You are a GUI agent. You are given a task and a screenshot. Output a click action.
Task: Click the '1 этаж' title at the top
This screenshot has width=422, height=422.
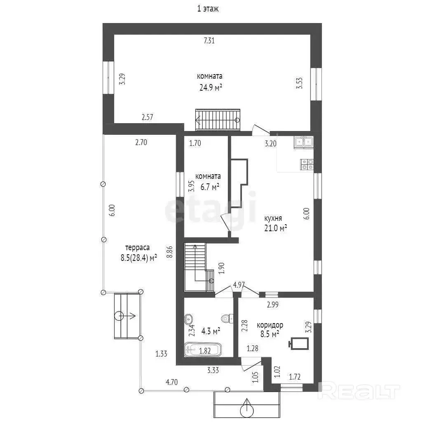[208, 9]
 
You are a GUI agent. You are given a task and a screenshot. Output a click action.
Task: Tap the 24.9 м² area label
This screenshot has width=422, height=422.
[211, 87]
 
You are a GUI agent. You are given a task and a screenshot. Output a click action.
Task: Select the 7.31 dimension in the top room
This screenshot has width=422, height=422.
[209, 40]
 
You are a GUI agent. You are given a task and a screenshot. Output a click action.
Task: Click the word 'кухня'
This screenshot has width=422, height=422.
[273, 218]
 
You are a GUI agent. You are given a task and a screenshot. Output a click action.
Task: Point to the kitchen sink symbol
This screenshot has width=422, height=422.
[304, 142]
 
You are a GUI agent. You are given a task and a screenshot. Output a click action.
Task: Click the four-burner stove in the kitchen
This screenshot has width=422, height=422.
[307, 164]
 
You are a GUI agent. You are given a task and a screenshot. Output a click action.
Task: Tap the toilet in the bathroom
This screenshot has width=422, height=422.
[227, 319]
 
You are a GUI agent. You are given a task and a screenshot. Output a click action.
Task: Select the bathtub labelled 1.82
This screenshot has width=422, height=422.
[203, 350]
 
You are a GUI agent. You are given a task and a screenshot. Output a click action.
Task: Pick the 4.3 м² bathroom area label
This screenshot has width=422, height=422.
[211, 331]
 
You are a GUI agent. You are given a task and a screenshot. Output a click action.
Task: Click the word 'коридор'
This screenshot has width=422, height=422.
[270, 325]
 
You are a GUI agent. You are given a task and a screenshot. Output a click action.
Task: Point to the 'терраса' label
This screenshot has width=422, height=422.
[137, 248]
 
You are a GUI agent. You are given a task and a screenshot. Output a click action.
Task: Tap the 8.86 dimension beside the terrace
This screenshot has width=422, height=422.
[170, 252]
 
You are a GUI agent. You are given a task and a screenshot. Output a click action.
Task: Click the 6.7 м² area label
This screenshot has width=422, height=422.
[210, 187]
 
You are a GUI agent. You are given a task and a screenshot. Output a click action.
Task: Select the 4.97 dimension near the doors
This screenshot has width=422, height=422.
[239, 285]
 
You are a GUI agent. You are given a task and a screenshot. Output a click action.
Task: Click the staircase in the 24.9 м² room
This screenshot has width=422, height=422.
[218, 120]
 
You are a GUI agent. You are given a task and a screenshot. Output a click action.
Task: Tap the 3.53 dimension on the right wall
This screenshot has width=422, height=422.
[299, 83]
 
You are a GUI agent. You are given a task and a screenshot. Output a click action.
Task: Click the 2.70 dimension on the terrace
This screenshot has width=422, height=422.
[141, 142]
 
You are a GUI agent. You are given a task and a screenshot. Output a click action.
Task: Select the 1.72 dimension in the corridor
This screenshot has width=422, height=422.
[295, 377]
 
